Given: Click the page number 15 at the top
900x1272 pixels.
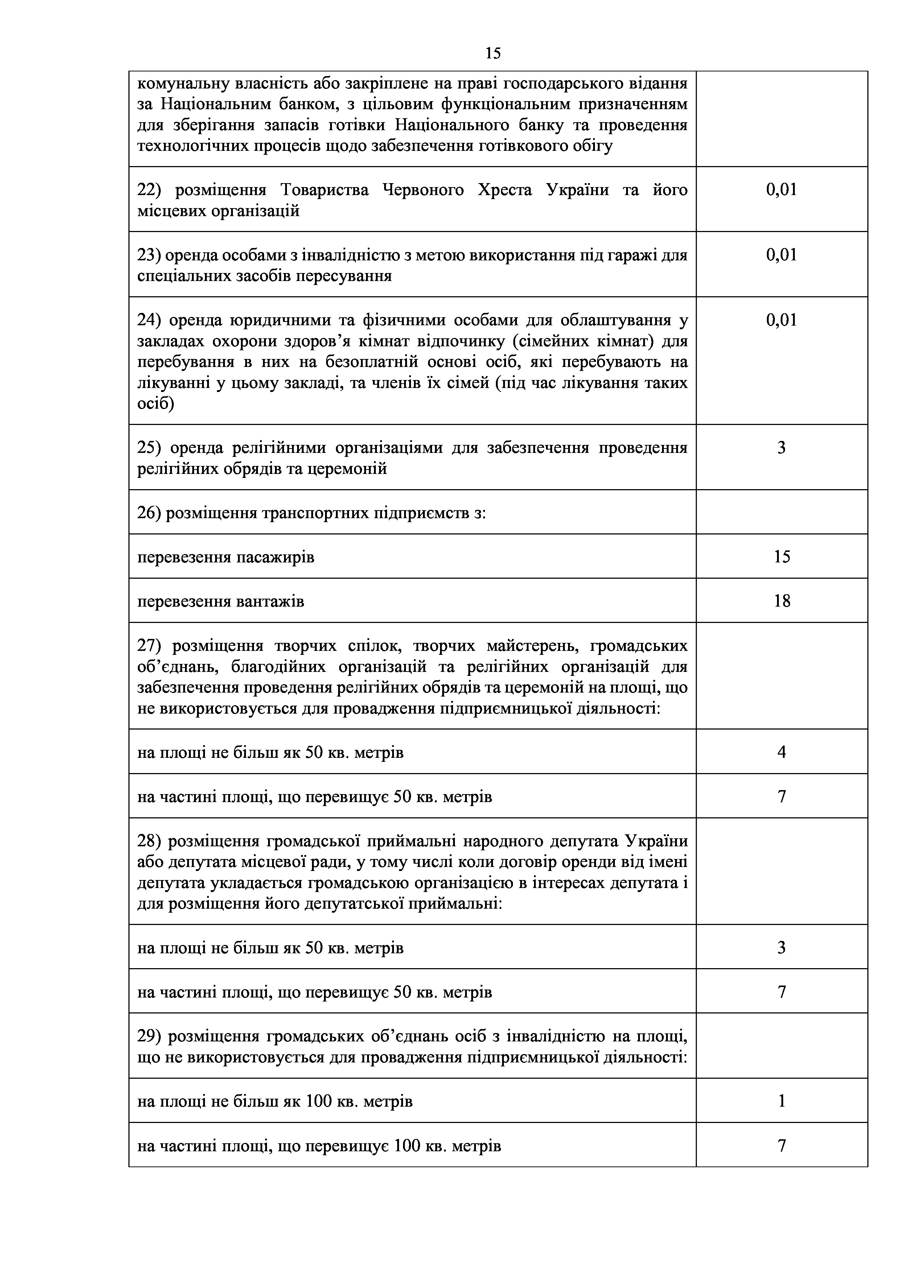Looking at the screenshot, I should [493, 53].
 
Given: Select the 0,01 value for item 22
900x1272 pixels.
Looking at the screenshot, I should [781, 190].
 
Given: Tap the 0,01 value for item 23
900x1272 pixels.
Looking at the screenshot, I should [781, 255].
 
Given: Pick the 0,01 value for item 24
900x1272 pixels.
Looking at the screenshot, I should [781, 320].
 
